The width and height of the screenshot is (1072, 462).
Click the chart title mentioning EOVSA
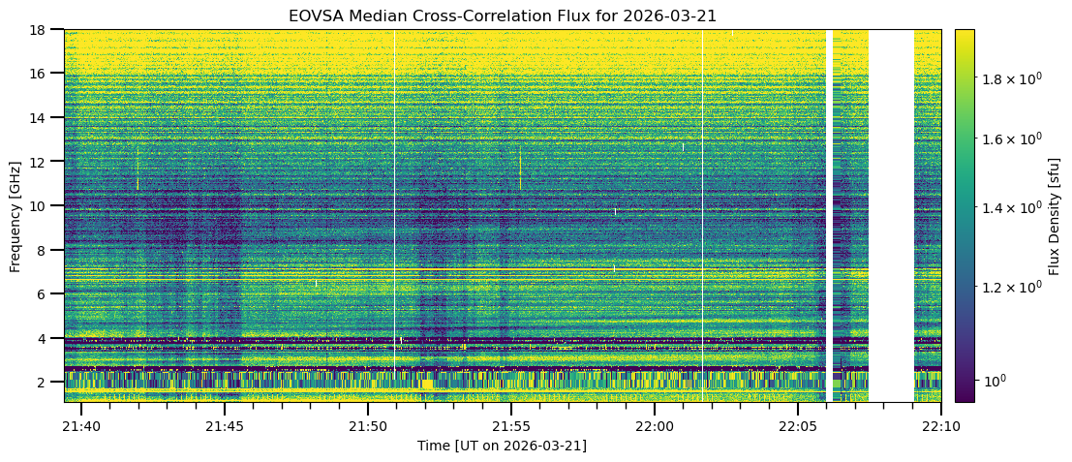click(502, 15)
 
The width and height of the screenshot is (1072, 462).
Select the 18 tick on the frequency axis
click(44, 30)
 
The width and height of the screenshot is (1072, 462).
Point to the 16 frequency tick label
click(44, 74)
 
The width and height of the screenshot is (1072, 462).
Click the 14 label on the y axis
click(44, 118)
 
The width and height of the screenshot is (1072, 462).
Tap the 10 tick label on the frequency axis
click(44, 206)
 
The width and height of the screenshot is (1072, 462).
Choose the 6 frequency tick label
click(47, 294)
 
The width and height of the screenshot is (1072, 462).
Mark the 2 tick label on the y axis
click(47, 383)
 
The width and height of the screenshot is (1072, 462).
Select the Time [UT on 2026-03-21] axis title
click(502, 446)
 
